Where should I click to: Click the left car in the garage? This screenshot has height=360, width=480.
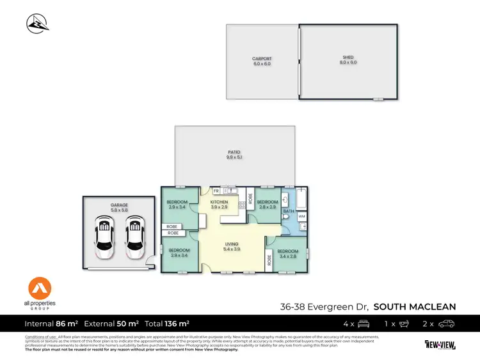[x=104, y=237]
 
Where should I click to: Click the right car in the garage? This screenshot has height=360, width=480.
[x=134, y=237]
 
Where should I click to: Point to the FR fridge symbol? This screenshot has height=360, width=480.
[x=216, y=191]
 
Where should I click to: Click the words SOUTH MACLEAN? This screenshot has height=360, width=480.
[x=415, y=306]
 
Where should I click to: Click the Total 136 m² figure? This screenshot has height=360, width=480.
[x=167, y=324]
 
